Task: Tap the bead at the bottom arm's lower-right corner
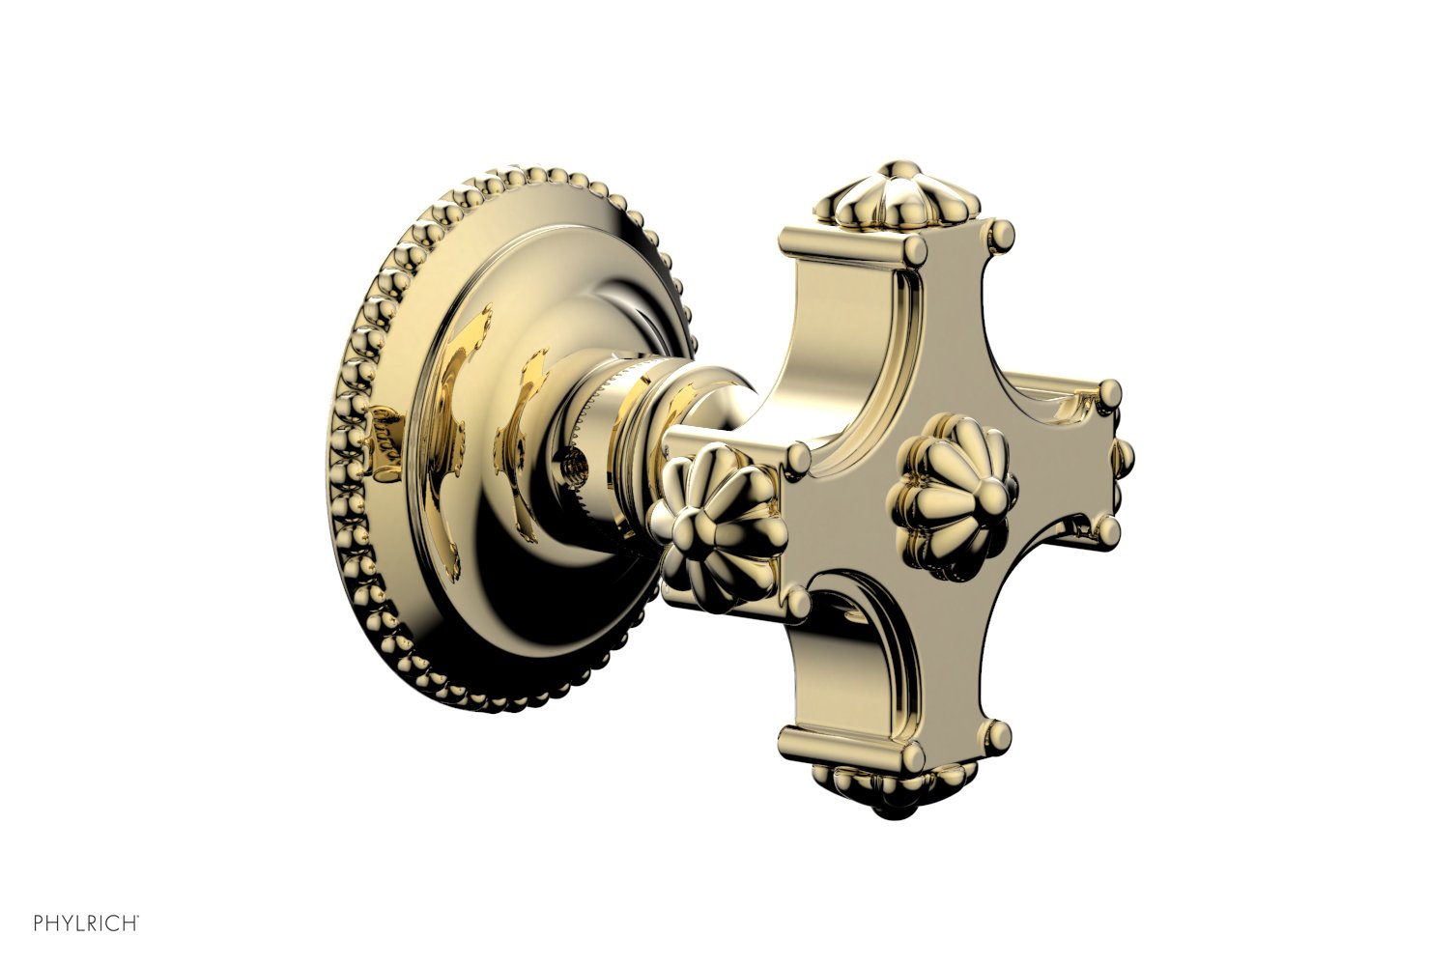point(999,730)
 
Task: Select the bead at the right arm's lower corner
point(1104,527)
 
